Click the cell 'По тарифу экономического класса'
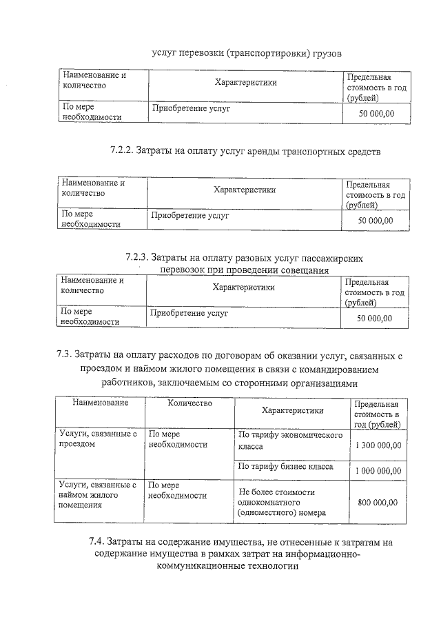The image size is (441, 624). click(x=290, y=441)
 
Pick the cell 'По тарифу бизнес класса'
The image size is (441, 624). click(x=285, y=467)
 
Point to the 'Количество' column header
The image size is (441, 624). click(x=189, y=403)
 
